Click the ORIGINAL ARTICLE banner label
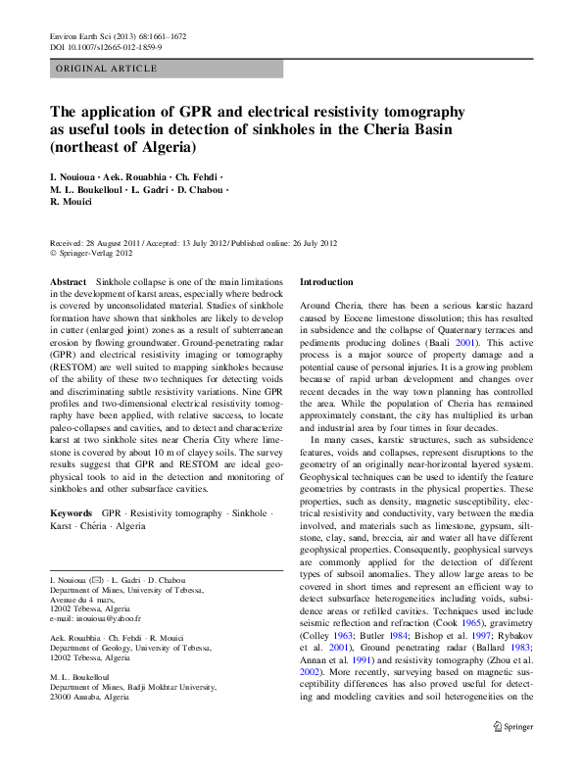107,69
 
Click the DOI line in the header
106,46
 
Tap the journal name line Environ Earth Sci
117,36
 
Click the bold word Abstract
69,282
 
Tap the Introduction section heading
326,282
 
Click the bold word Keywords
72,512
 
